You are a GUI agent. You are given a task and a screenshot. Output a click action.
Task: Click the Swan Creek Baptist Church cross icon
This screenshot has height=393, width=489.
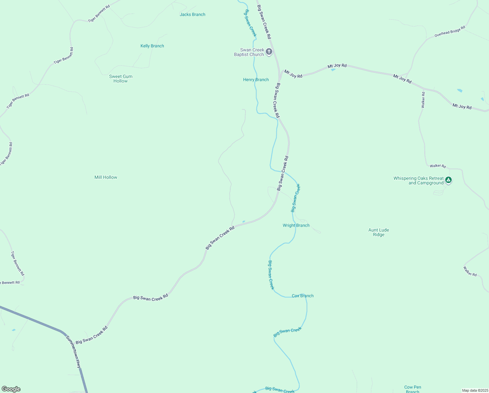click(x=269, y=52)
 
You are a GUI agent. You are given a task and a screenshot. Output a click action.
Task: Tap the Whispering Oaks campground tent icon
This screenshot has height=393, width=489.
click(x=449, y=180)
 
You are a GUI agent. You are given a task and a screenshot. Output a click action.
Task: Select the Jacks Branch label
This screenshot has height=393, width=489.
click(x=193, y=14)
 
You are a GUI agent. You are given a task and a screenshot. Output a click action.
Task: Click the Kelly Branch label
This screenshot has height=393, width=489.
click(x=152, y=46)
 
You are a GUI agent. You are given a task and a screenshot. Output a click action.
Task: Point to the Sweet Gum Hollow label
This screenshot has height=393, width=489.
click(x=121, y=79)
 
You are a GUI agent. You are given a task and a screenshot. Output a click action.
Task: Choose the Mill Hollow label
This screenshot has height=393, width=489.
click(x=106, y=177)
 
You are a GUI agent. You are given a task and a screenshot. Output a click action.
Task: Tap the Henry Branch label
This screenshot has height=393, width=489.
click(x=256, y=80)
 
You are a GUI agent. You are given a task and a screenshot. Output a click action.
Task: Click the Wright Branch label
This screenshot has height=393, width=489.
click(x=296, y=225)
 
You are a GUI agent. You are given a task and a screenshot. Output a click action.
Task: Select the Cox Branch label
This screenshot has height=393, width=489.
click(x=303, y=296)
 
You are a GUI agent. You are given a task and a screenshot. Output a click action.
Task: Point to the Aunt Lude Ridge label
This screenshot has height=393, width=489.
click(x=379, y=232)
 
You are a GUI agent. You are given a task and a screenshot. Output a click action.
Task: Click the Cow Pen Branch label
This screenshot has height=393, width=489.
click(x=413, y=389)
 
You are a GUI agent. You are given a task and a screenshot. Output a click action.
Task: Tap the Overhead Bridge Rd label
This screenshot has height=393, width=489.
click(x=449, y=32)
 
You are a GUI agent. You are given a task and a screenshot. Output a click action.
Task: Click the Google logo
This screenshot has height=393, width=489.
click(x=11, y=389)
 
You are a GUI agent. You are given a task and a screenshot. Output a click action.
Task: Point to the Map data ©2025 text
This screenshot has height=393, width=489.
click(x=475, y=390)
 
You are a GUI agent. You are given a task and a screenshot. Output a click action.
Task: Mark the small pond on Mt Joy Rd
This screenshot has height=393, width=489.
click(x=333, y=69)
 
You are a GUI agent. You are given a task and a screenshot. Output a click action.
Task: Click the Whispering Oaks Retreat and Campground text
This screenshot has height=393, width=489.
click(x=418, y=180)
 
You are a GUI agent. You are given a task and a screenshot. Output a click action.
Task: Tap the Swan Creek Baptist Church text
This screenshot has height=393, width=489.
click(x=249, y=52)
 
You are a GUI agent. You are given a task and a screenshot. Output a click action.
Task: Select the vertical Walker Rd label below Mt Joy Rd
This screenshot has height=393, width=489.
click(x=423, y=100)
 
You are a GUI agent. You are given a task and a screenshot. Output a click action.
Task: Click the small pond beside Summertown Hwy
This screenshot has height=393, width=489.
click(x=13, y=330)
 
